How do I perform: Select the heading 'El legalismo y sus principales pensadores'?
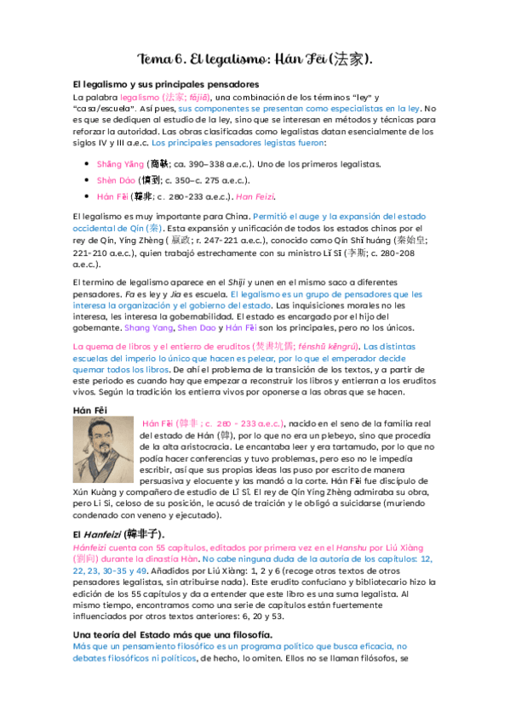(x=166, y=85)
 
